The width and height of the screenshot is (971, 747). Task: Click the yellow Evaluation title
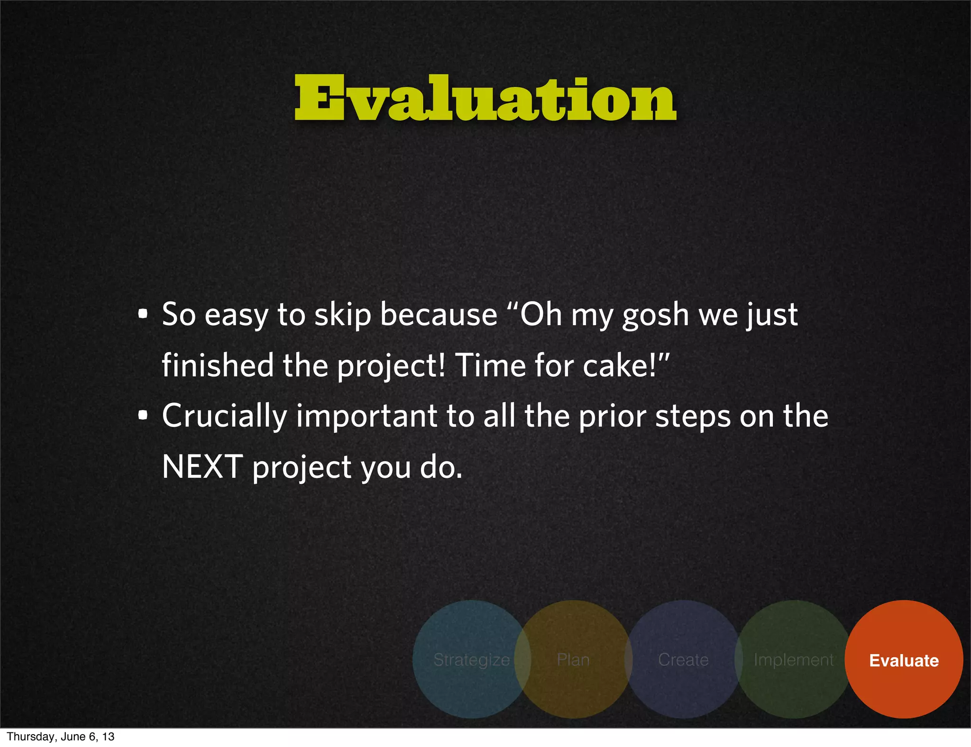click(x=485, y=98)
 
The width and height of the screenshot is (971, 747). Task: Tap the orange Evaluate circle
click(x=904, y=660)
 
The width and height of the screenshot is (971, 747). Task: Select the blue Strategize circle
click(x=471, y=660)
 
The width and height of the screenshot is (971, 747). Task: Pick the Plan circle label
click(x=573, y=660)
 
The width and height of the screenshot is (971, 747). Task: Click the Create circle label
click(x=683, y=660)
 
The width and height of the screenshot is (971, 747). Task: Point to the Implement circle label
click(x=793, y=660)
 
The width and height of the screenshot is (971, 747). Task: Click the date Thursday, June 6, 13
click(x=61, y=737)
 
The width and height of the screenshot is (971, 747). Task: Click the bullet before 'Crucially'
click(x=143, y=416)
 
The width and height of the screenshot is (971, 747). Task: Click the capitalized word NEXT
click(x=202, y=467)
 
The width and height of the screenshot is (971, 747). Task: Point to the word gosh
click(x=655, y=315)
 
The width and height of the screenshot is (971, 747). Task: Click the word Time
click(x=491, y=365)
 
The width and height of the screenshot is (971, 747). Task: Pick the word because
click(x=439, y=314)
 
